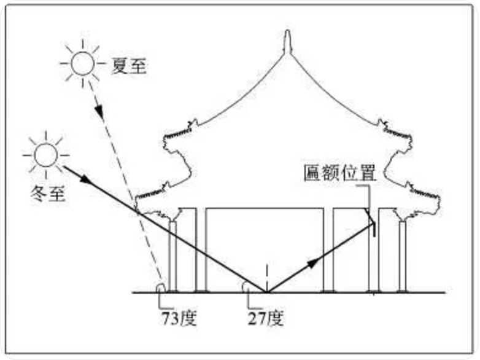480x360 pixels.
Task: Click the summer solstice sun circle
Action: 83,63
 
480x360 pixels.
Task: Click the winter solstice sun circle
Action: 46,155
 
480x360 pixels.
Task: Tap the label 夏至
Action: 129,66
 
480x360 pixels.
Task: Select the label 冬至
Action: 48,194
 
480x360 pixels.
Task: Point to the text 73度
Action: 179,318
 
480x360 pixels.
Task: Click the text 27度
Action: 266,318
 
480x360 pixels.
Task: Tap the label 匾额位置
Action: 339,173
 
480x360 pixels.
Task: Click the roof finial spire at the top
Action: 287,42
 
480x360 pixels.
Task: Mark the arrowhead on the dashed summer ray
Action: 99,112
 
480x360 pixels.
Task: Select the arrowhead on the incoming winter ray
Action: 86,179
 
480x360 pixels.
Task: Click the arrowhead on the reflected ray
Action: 313,262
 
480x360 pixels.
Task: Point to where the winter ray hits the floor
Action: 267,292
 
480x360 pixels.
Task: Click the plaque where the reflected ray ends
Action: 374,229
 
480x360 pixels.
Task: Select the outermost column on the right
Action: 403,256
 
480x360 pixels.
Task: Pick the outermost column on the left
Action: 172,256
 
